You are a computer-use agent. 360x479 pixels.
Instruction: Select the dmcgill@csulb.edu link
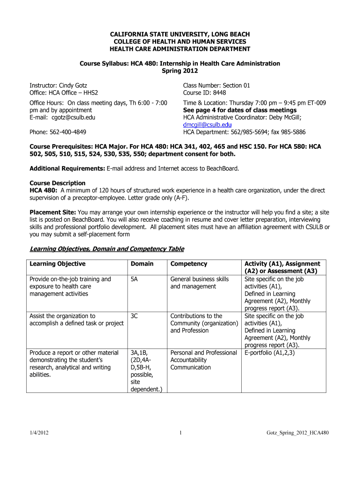point(207,125)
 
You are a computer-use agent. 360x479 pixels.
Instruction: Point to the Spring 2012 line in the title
point(180,71)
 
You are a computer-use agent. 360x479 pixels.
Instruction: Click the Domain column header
point(142,264)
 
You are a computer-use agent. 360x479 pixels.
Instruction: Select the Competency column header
point(189,264)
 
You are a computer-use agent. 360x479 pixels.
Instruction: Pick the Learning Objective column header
point(58,264)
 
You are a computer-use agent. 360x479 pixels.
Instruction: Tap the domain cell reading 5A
point(135,279)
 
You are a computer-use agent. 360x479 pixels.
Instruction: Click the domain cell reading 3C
point(135,316)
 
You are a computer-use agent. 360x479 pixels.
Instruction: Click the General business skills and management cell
point(200,283)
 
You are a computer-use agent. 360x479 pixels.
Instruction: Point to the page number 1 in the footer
point(180,433)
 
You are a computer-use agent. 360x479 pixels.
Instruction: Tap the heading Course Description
point(58,183)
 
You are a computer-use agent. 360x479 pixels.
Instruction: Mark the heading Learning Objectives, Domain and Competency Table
point(107,249)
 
